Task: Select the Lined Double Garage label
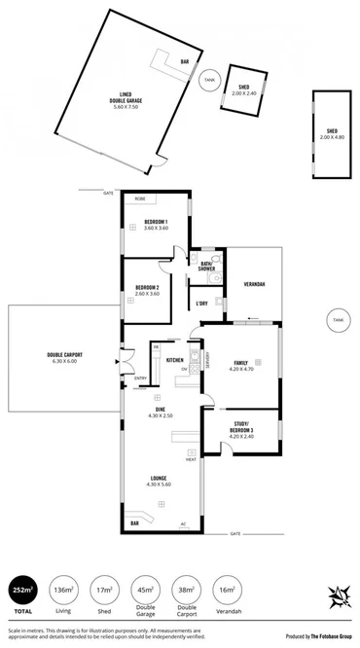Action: [x=126, y=98]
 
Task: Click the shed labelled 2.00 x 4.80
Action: [x=332, y=133]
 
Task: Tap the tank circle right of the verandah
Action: [x=337, y=319]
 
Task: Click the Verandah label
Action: [x=254, y=284]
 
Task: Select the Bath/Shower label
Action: [x=206, y=265]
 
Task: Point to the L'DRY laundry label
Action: [x=201, y=304]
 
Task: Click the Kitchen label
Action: [x=175, y=360]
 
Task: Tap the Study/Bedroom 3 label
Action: [x=240, y=427]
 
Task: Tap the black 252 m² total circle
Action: [x=20, y=592]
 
